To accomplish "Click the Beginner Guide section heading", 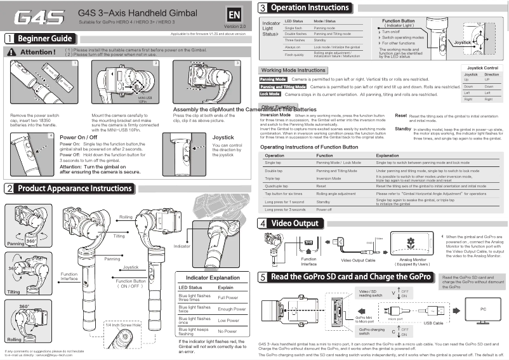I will [44, 39].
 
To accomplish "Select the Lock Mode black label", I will [270, 94].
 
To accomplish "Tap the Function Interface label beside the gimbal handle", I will [69, 276].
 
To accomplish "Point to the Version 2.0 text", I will [235, 27].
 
